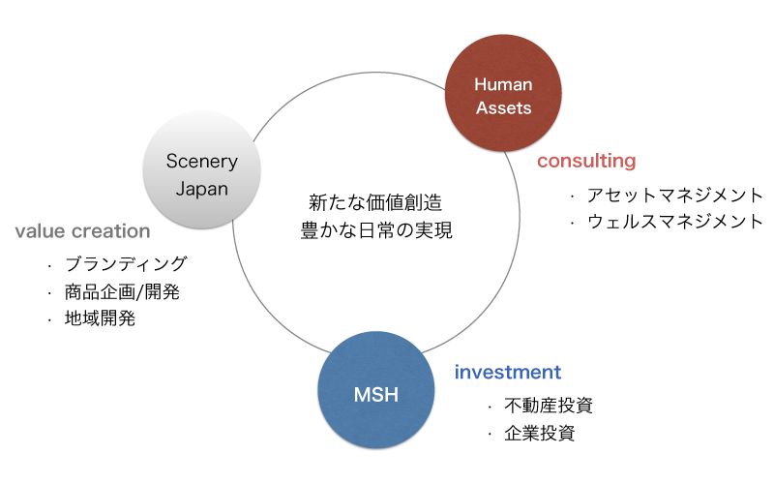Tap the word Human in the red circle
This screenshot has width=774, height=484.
(503, 85)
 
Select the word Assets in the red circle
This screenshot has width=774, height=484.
(503, 107)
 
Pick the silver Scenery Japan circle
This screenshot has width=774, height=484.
(201, 169)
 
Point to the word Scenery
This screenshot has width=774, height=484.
(201, 162)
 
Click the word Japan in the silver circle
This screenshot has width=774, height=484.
(201, 188)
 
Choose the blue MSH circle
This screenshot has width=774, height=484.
(375, 389)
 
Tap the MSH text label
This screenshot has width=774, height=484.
(375, 395)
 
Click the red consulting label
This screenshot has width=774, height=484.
(586, 162)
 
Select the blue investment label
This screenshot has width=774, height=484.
(508, 372)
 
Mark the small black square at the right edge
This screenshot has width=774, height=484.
(737, 208)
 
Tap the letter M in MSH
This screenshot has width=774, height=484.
(360, 395)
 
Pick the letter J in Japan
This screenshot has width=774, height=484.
(179, 188)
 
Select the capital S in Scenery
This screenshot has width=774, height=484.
(170, 162)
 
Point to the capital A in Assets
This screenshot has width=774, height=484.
(481, 107)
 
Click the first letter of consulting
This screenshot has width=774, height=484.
(542, 162)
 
